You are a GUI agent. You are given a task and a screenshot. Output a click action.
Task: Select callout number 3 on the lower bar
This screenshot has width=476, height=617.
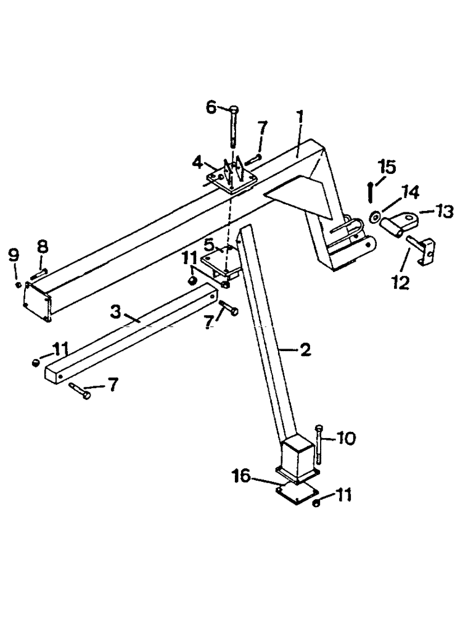click(x=115, y=310)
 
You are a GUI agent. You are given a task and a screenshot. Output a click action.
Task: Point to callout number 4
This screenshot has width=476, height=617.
click(x=197, y=164)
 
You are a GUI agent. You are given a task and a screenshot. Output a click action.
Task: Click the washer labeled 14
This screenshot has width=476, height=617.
click(x=374, y=217)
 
